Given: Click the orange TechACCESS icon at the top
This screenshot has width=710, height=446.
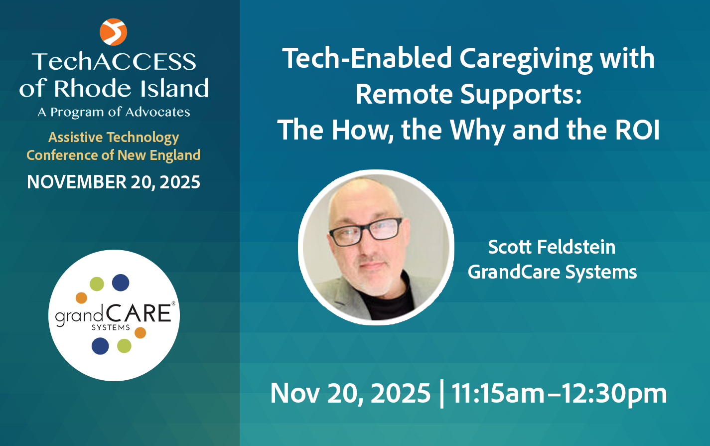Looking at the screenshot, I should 113,31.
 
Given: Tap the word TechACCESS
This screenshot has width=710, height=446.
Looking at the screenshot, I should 114,62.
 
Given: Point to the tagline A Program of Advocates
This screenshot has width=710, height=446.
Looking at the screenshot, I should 114,112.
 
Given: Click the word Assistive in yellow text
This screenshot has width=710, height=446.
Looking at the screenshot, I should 76,137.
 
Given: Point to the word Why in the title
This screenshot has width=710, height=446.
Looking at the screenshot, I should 478,130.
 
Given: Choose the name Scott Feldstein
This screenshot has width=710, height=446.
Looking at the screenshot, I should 552,247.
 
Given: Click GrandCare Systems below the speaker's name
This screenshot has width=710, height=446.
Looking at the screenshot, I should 552,272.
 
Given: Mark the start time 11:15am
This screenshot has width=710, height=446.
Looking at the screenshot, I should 498,394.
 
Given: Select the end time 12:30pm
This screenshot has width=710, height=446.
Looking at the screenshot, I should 618,394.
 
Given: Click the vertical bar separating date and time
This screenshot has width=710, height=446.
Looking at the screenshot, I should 441,394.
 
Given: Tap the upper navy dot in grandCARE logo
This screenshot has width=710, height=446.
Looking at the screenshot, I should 121,283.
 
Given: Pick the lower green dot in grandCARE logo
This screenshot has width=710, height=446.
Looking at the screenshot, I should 124,346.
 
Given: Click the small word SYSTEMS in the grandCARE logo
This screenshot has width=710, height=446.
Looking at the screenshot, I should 111,327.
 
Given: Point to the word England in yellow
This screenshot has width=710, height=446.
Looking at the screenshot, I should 175,155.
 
